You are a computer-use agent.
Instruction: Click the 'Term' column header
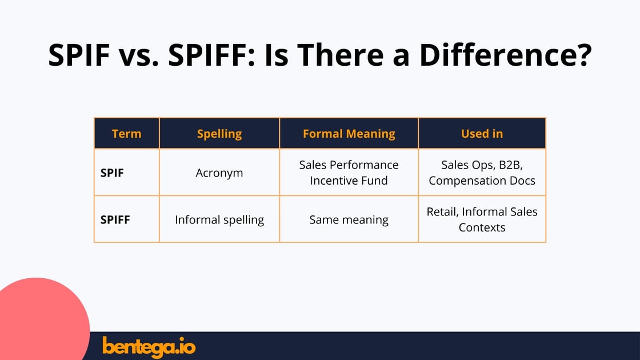[126, 134]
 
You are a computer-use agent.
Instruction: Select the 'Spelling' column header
[219, 134]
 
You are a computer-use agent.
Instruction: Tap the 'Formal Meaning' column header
[349, 134]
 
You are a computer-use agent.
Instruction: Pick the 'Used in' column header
[482, 134]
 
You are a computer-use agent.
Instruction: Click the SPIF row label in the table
[112, 173]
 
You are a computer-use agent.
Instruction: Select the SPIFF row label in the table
[115, 219]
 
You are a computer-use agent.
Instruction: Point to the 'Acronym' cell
[219, 173]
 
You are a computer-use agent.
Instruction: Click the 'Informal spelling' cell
[219, 219]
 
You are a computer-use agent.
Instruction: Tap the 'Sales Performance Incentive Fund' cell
[349, 173]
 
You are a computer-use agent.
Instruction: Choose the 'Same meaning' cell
[349, 219]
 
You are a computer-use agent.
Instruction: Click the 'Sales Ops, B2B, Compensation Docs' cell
[482, 173]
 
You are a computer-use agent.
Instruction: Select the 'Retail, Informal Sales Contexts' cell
[482, 219]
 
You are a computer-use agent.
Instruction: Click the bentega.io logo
[149, 346]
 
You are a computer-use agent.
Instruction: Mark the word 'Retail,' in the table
[443, 211]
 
